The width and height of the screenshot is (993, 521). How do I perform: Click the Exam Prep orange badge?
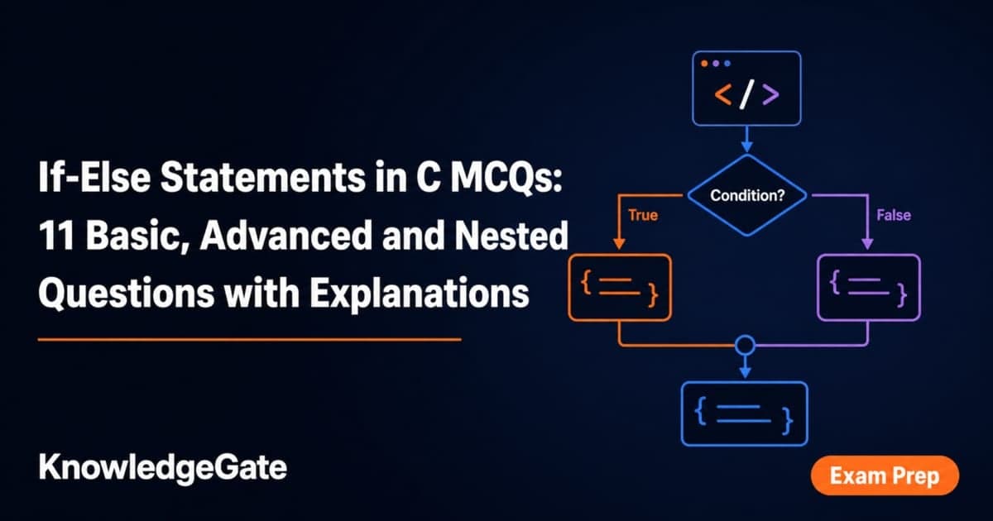885,476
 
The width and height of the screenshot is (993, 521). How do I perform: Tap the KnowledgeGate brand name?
163,468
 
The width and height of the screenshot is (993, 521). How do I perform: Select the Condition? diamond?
747,195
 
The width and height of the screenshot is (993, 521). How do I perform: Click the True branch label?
643,215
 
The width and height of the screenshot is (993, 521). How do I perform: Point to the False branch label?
894,215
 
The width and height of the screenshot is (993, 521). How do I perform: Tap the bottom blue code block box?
745,382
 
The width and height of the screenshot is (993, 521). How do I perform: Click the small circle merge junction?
746,336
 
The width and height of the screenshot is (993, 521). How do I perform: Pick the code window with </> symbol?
746,51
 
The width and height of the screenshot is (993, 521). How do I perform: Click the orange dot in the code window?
704,64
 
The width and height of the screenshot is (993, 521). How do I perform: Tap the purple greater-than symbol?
770,94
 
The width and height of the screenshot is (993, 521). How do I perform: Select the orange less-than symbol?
723,94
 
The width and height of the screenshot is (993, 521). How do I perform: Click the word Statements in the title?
262,177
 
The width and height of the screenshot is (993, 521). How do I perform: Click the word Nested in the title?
511,235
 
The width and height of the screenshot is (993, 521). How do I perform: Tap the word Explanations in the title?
420,293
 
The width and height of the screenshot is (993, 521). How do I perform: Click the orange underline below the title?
250,340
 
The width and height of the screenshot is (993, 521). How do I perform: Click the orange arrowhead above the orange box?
619,243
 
